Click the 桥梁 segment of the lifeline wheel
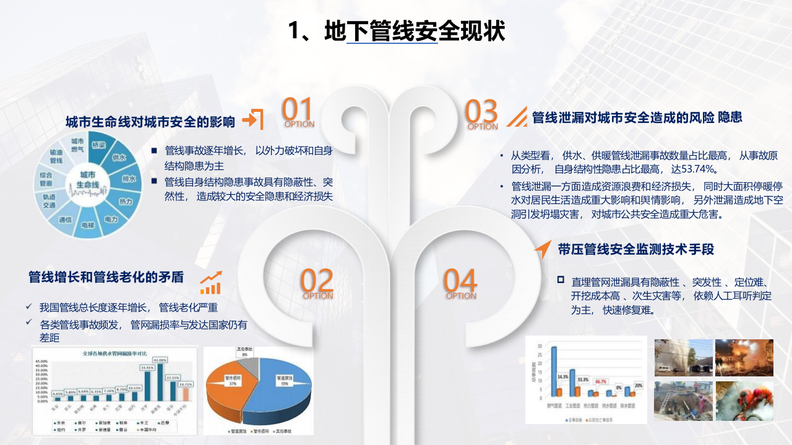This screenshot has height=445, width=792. (x=98, y=146)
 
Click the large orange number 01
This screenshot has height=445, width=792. (x=298, y=110)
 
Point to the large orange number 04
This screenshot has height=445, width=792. (x=460, y=281)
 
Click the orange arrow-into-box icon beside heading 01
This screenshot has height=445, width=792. (x=253, y=119)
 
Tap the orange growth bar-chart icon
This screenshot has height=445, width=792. (x=210, y=283)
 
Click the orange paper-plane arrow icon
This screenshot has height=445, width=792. (x=542, y=249)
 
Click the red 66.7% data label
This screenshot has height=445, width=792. (x=600, y=382)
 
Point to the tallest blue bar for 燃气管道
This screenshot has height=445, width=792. (x=554, y=371)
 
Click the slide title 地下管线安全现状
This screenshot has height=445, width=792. (x=397, y=31)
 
